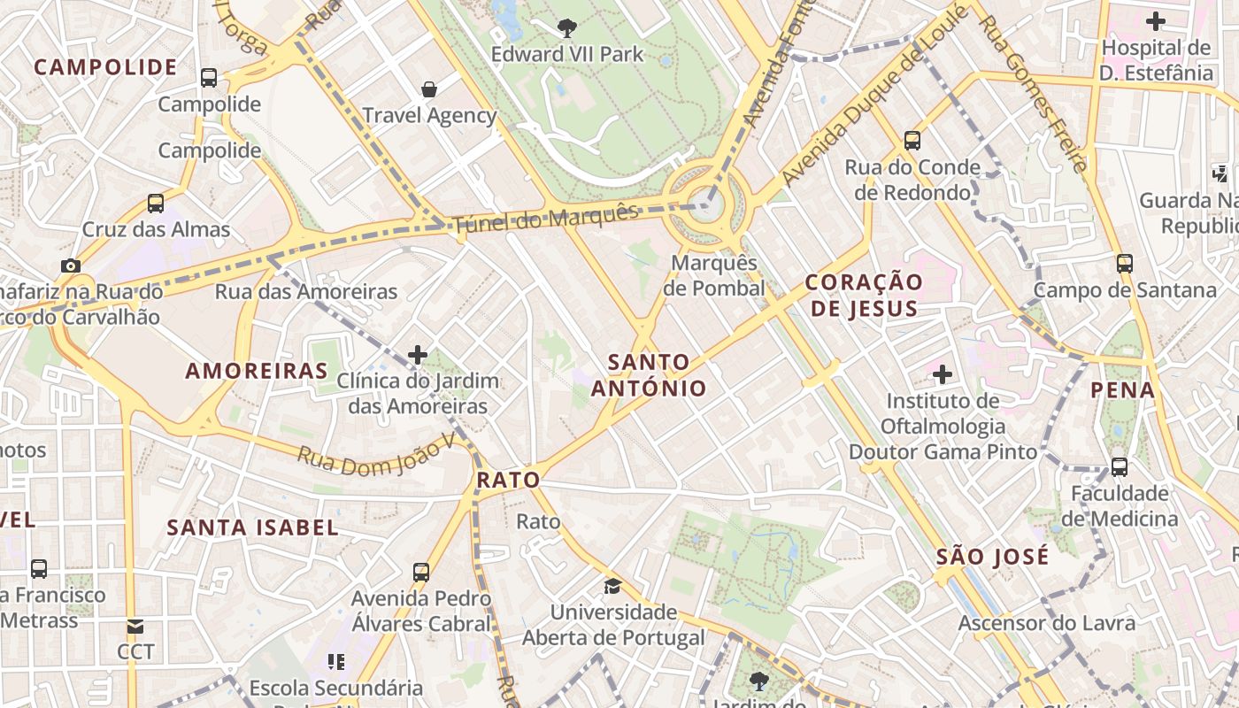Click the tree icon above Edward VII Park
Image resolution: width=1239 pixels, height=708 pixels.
tap(567, 28)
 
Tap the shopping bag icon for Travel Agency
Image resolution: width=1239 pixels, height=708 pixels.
tap(429, 89)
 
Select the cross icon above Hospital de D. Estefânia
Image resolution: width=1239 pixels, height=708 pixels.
tap(1155, 21)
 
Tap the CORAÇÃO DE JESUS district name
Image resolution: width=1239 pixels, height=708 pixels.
tap(864, 296)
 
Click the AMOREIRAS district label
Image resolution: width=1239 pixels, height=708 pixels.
tap(257, 371)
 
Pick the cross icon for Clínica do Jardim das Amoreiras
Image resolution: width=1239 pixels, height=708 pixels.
tap(417, 356)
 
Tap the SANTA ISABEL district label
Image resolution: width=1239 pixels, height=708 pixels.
tap(252, 528)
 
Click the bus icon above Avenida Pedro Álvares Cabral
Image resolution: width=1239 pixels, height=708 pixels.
tap(421, 573)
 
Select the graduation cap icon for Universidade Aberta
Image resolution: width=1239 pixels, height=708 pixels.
tap(612, 586)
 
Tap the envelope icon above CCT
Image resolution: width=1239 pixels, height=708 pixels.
tap(135, 627)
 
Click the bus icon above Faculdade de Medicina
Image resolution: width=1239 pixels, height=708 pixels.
tap(1120, 466)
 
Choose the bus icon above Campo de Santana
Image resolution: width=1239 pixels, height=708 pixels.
tap(1124, 263)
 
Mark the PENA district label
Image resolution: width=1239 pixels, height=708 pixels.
tap(1122, 390)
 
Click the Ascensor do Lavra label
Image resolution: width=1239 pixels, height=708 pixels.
tap(1046, 623)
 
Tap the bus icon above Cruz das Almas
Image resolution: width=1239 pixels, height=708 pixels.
tap(156, 204)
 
